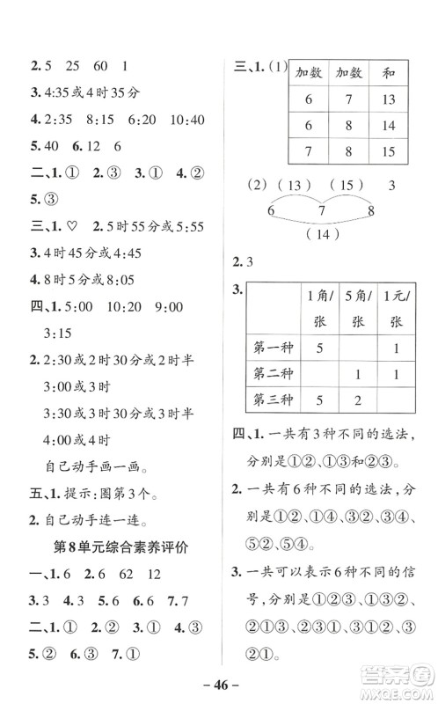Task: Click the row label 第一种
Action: pyautogui.click(x=271, y=348)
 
